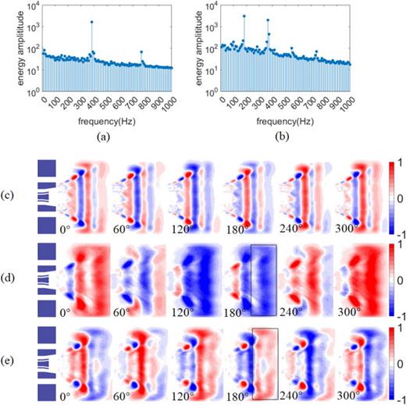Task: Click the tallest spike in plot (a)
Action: (91, 23)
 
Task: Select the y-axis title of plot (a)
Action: (9, 47)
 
